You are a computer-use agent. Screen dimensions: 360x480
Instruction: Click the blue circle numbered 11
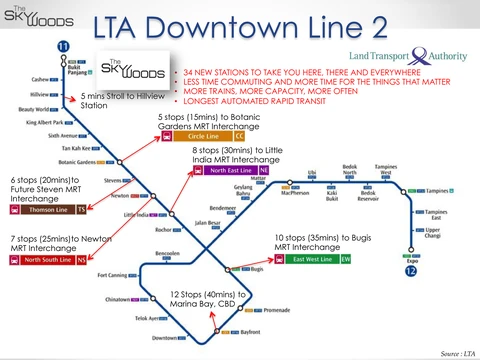[x=65, y=47]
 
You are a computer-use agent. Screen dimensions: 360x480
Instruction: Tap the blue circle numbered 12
[x=409, y=270]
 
